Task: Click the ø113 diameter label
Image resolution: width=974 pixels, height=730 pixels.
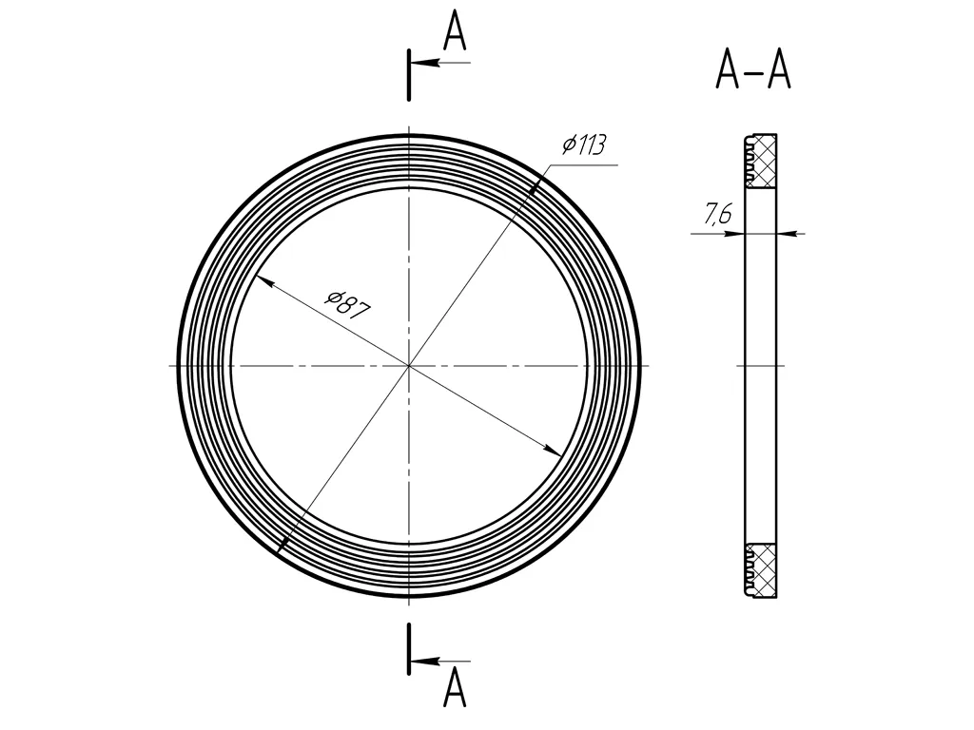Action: tap(583, 144)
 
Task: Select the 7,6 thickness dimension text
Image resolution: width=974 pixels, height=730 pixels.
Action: tap(718, 214)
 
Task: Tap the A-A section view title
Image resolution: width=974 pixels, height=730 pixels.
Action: tap(753, 70)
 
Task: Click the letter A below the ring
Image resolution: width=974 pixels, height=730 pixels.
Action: tap(455, 688)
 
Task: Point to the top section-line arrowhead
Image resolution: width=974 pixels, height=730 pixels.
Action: tap(425, 63)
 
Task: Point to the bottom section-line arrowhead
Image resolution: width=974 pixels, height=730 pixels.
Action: tap(425, 662)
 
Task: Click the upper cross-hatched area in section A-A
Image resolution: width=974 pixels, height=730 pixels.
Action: tap(761, 162)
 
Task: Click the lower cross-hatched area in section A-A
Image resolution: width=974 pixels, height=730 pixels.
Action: tap(761, 570)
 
